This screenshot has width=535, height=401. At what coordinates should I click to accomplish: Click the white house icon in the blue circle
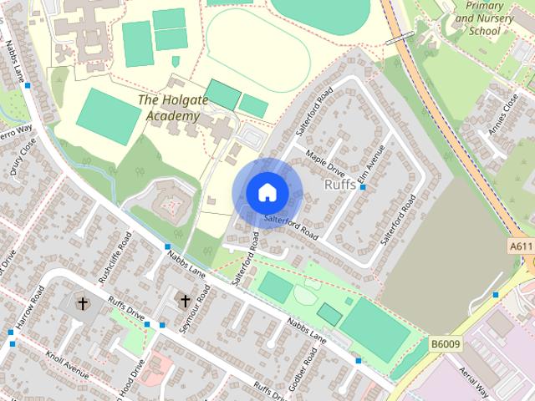(266, 191)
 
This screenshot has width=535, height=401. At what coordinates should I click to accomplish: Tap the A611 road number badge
(520, 246)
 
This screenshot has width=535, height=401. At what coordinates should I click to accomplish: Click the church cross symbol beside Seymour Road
(184, 300)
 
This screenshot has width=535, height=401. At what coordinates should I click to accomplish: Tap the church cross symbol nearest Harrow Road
(83, 302)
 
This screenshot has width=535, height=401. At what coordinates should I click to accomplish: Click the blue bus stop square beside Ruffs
(363, 187)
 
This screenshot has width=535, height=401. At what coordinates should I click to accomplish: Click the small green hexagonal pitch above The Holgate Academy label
(176, 61)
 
